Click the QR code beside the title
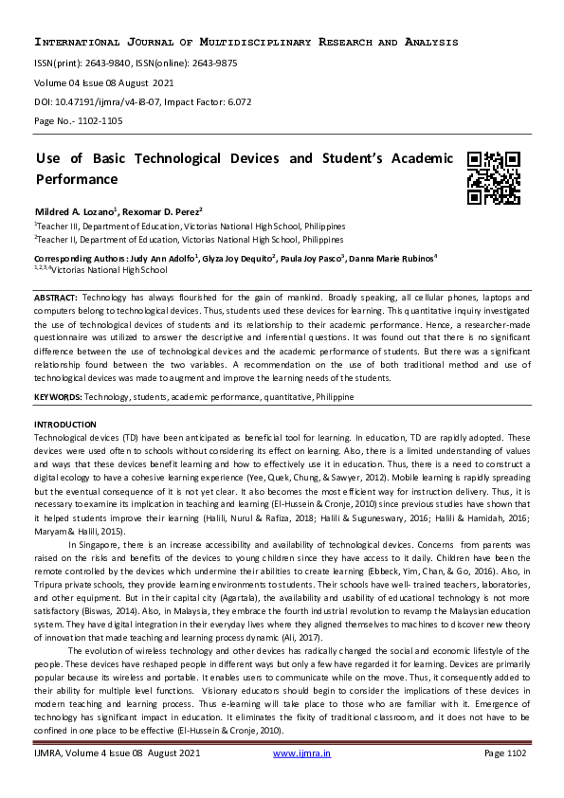point(494,178)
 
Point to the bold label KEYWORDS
point(58,396)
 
